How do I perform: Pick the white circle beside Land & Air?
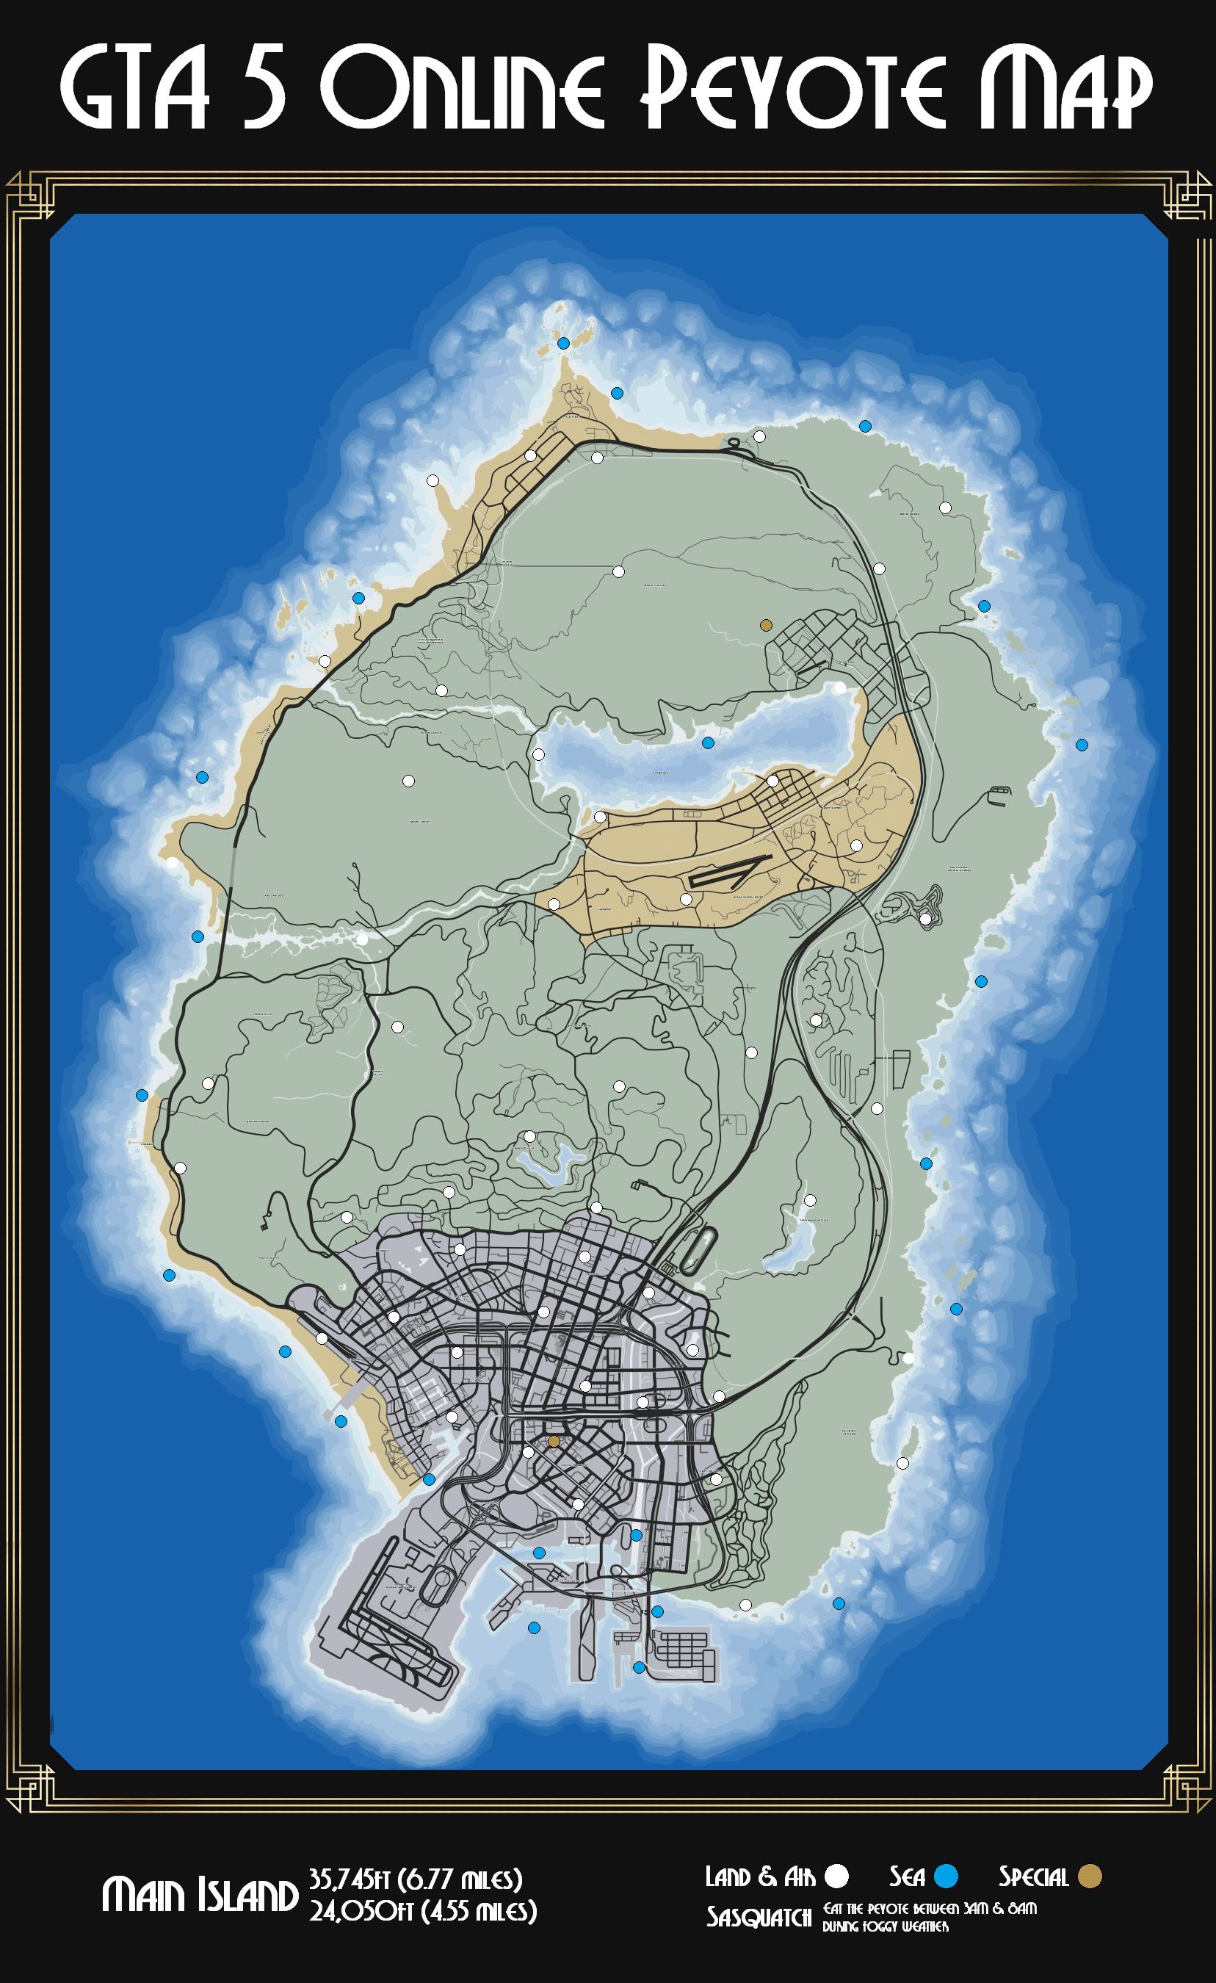(837, 1876)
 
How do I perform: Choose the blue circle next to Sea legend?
(947, 1876)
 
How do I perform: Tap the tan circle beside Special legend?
(1090, 1876)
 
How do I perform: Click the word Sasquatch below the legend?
(759, 1917)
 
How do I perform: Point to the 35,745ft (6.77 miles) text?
(416, 1879)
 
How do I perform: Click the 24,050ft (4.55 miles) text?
(423, 1910)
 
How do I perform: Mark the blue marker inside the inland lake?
(708, 743)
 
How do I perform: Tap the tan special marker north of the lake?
(766, 625)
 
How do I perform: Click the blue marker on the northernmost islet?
(563, 343)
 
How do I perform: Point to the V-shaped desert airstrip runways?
(728, 872)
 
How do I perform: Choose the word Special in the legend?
(1033, 1877)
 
